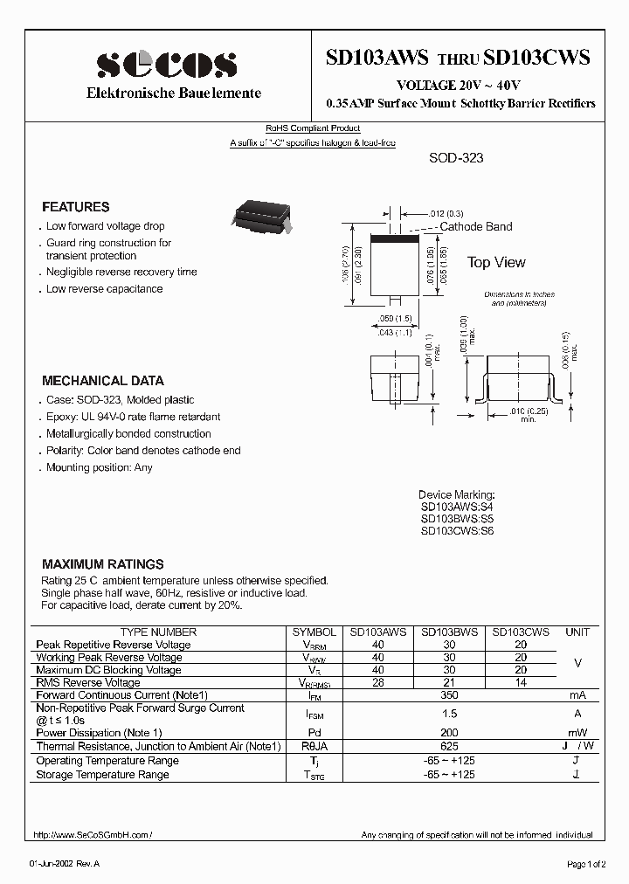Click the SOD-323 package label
(456, 158)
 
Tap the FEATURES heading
(76, 207)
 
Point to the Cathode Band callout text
(475, 226)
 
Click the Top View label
(496, 262)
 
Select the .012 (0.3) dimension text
(447, 213)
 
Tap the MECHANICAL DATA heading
(103, 381)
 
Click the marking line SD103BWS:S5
(457, 518)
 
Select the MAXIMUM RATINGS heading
(103, 564)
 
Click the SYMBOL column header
(314, 632)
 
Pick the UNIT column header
(577, 632)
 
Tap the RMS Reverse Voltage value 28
(378, 682)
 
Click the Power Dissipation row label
(99, 733)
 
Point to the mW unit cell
(577, 733)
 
